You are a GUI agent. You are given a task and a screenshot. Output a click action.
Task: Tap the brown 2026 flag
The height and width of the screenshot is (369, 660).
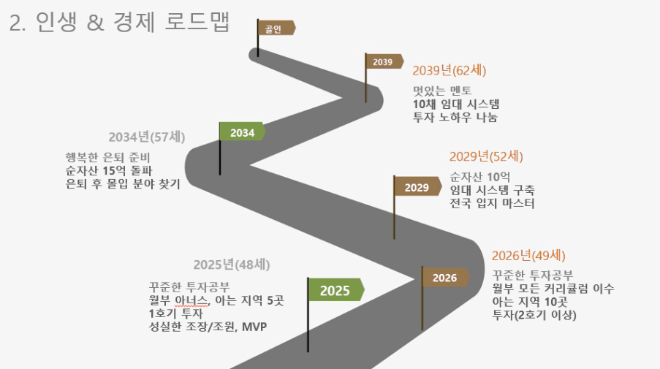[x=445, y=278]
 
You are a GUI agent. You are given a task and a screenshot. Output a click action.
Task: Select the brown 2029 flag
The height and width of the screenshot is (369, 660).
[x=417, y=187]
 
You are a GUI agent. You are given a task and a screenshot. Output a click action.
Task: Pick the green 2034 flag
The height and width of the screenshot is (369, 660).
[x=242, y=132]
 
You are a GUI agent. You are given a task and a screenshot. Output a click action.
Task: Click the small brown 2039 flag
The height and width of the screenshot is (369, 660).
[x=383, y=62]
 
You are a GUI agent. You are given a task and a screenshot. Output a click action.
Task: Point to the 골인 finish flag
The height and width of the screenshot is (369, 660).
[x=276, y=28]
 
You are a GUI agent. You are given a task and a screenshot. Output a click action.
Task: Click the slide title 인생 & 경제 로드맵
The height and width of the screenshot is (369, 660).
[x=133, y=22]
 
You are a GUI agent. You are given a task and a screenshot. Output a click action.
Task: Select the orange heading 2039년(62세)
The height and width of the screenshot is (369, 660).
[x=449, y=70]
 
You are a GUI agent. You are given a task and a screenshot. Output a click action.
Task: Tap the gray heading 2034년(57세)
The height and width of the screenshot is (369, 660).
[x=147, y=137]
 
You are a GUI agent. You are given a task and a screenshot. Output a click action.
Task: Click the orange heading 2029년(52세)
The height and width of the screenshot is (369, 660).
[x=486, y=156]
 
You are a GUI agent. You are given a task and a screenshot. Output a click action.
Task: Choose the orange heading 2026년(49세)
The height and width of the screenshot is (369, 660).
[x=528, y=256]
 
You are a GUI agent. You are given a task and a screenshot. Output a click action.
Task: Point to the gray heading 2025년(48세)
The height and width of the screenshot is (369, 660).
[x=232, y=265]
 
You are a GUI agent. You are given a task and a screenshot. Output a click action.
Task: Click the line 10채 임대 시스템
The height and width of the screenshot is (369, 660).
[x=456, y=104]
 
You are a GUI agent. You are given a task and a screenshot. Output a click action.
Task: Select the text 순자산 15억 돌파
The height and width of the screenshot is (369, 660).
[x=109, y=170]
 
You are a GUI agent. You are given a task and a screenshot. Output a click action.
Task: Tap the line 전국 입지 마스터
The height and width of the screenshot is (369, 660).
[x=492, y=204]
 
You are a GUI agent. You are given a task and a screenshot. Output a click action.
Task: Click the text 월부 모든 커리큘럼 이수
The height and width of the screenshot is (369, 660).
[x=553, y=289]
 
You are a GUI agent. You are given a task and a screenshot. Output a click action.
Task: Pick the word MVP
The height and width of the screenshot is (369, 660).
[x=254, y=327]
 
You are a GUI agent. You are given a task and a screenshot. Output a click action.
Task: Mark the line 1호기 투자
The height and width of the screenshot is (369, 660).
[x=176, y=313]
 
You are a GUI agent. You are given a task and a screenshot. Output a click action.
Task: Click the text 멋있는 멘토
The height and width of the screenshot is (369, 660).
[x=442, y=91]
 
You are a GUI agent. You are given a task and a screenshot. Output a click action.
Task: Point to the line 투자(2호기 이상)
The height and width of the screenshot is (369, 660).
[x=534, y=315]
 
